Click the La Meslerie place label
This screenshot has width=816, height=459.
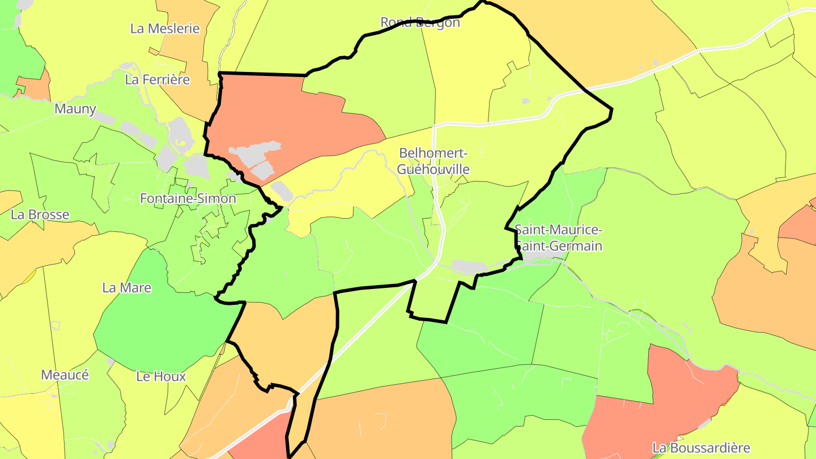(165, 28)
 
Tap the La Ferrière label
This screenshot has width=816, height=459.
(157, 79)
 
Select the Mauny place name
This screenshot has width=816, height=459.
(75, 109)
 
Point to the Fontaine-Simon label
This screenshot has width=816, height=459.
(188, 198)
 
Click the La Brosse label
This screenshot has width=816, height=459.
(40, 214)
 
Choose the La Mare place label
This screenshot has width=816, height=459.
(127, 287)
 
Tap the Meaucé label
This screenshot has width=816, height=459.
(65, 375)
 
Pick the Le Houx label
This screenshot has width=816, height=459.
(161, 376)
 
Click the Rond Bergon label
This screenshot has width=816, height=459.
(420, 22)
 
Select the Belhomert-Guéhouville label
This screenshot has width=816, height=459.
(433, 161)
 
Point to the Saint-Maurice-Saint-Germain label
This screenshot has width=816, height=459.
(558, 238)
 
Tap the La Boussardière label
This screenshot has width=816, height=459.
(701, 448)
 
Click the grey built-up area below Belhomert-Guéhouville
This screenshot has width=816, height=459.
(470, 266)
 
